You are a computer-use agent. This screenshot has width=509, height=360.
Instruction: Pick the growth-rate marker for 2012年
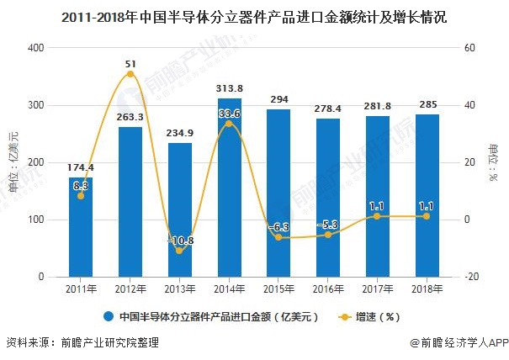(x=130, y=74)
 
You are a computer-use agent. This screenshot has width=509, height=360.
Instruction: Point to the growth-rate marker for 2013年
(x=179, y=251)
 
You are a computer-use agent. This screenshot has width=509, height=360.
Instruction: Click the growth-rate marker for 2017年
(x=377, y=216)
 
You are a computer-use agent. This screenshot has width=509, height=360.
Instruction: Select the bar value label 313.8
(x=229, y=88)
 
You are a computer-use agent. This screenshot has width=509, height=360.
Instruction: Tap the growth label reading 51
(x=130, y=63)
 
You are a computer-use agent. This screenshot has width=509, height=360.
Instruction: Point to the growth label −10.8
(x=179, y=241)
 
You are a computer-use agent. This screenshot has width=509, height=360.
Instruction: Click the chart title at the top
(x=254, y=14)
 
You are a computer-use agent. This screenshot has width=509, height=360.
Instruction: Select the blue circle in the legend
(x=109, y=317)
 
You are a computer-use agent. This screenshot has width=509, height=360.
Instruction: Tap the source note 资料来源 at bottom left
(x=82, y=343)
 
